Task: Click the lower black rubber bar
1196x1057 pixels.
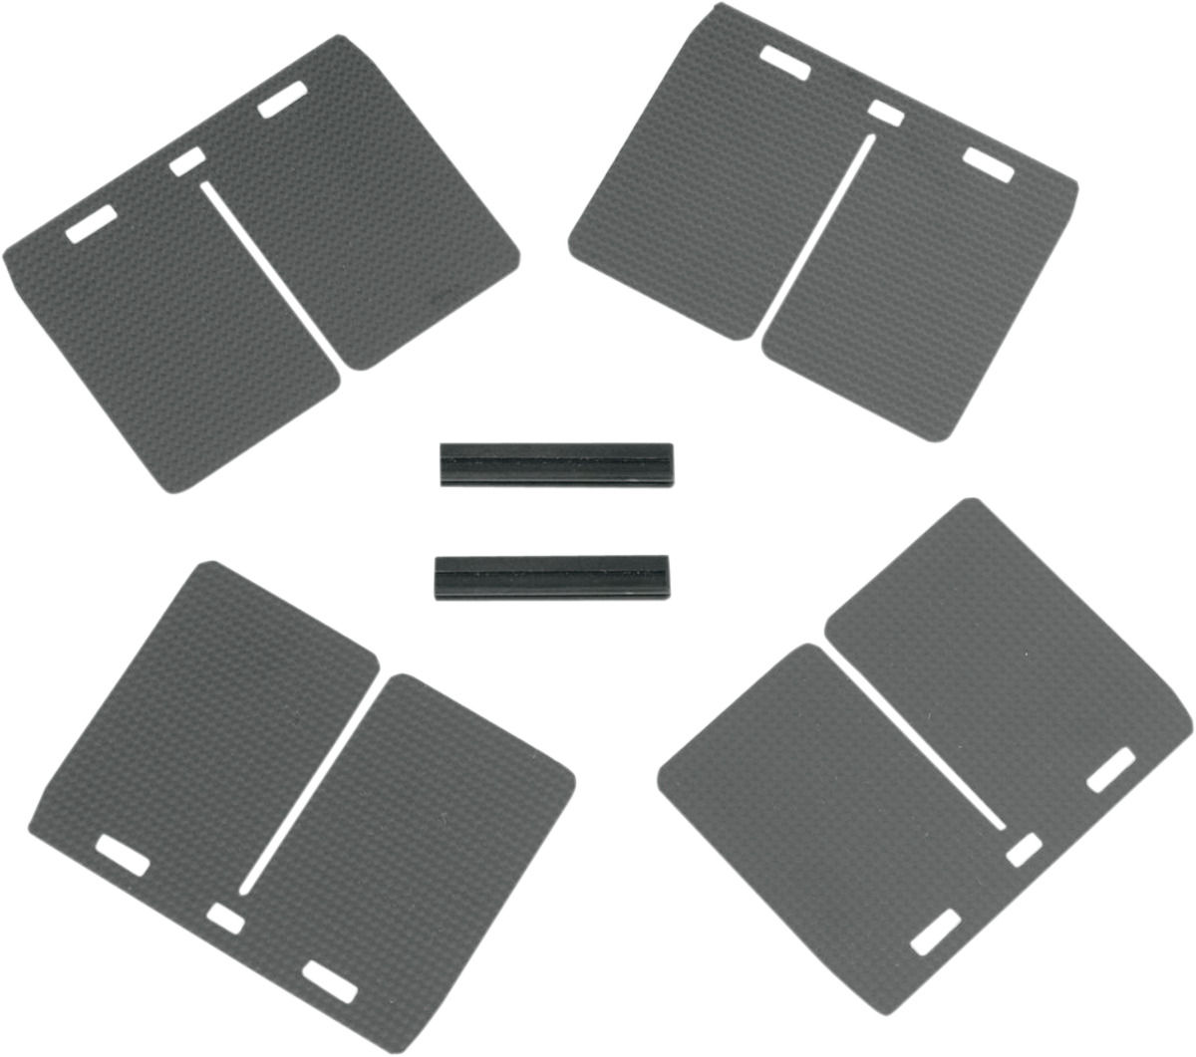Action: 552,577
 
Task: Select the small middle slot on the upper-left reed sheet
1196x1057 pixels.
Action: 186,161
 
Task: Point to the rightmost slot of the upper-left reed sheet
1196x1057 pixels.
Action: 281,102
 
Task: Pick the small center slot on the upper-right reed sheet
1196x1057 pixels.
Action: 886,113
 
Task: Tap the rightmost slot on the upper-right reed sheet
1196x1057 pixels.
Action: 989,165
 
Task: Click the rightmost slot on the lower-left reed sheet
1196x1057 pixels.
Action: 331,980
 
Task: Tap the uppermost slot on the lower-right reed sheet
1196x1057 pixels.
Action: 1110,770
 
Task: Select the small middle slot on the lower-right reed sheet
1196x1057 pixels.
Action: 1024,850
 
